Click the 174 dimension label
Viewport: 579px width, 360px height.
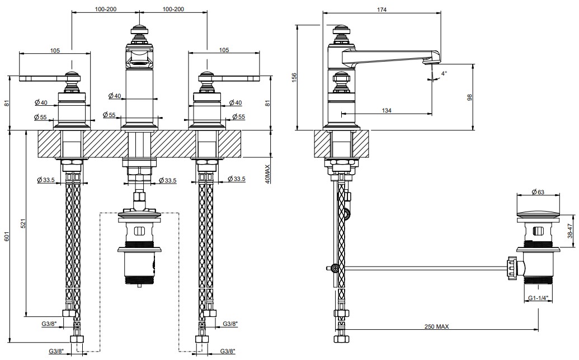tap(382, 10)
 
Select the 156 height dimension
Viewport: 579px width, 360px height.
tap(294, 77)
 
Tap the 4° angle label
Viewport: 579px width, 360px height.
tap(444, 73)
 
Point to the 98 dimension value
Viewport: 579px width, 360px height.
tap(470, 97)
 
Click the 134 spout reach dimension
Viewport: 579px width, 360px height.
tap(386, 110)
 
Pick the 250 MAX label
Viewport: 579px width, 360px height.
tap(436, 326)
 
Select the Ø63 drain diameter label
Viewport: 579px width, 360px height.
tap(538, 192)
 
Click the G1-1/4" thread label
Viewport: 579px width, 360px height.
tap(538, 298)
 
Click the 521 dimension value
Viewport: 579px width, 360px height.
tap(22, 223)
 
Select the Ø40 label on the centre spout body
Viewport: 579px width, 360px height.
tap(115, 96)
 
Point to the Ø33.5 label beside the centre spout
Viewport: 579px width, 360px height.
tap(167, 180)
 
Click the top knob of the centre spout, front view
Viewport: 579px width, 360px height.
tap(139, 31)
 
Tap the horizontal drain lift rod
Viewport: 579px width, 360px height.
tap(425, 267)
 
